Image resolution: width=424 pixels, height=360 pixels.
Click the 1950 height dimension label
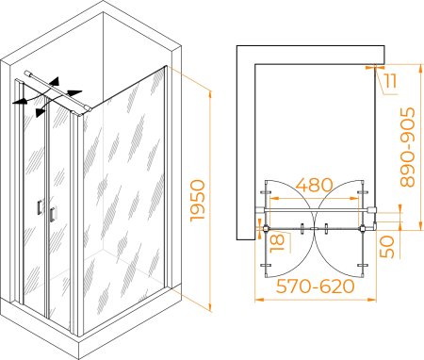pyautogui.click(x=198, y=201)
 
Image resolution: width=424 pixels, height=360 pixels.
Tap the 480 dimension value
pyautogui.click(x=314, y=185)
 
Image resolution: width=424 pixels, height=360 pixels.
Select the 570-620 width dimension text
pyautogui.click(x=315, y=286)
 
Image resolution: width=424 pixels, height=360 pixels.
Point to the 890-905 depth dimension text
pyautogui.click(x=408, y=147)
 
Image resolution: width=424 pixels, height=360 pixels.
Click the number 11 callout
pyautogui.click(x=390, y=81)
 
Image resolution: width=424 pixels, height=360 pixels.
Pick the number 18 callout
pyautogui.click(x=277, y=242)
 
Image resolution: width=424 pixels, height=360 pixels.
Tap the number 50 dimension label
pyautogui.click(x=387, y=247)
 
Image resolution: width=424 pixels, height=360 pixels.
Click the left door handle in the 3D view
pyautogui.click(x=40, y=207)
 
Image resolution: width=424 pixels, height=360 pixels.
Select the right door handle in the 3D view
pyautogui.click(x=53, y=215)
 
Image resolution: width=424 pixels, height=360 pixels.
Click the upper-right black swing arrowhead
pyautogui.click(x=74, y=93)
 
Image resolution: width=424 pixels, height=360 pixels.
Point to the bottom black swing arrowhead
pyautogui.click(x=40, y=112)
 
